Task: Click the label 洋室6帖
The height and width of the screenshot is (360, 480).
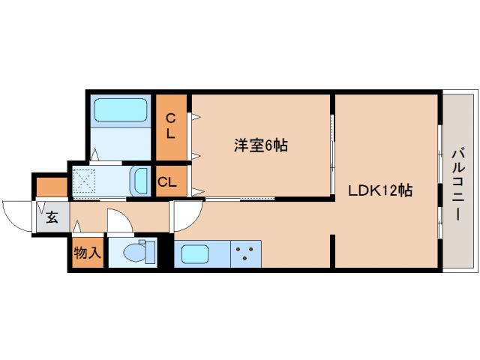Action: pyautogui.click(x=259, y=145)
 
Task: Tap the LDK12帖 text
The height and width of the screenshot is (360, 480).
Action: pyautogui.click(x=379, y=190)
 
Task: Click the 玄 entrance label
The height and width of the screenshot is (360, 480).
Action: pyautogui.click(x=52, y=218)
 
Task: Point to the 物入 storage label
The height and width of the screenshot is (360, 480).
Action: pyautogui.click(x=87, y=253)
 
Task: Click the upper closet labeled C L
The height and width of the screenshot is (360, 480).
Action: pyautogui.click(x=171, y=126)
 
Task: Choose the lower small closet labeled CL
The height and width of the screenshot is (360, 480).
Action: pyautogui.click(x=169, y=181)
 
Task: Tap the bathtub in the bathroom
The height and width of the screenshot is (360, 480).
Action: pyautogui.click(x=122, y=112)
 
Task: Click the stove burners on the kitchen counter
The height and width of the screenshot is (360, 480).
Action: pyautogui.click(x=244, y=253)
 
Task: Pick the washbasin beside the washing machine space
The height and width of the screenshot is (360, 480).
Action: pyautogui.click(x=140, y=180)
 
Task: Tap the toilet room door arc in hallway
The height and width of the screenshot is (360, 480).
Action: pyautogui.click(x=118, y=220)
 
